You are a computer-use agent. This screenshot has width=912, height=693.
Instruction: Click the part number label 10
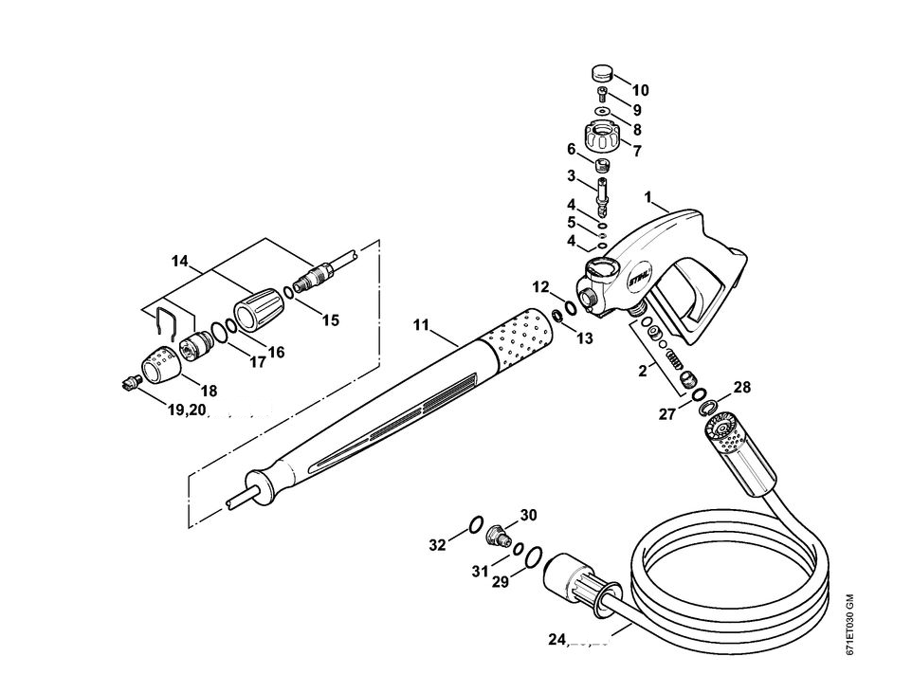point(640,90)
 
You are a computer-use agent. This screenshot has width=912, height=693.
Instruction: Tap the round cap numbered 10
point(601,72)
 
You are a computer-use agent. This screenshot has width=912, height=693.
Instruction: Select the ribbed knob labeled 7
point(601,138)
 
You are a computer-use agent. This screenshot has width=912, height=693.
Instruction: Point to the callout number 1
point(648,197)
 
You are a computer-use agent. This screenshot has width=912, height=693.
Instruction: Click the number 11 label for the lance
point(422,324)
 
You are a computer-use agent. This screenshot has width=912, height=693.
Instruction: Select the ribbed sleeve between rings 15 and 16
point(256,310)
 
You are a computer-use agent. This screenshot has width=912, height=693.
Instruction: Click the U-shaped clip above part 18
point(168,323)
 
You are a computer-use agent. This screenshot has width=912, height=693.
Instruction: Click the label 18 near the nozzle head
point(208,390)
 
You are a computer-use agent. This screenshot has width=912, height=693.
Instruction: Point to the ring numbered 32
point(478,522)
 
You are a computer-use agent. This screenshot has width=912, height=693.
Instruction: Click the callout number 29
point(501,582)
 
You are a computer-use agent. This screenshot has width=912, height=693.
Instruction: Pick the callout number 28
point(741,388)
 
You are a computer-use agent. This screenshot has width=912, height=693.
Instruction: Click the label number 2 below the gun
point(643,371)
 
